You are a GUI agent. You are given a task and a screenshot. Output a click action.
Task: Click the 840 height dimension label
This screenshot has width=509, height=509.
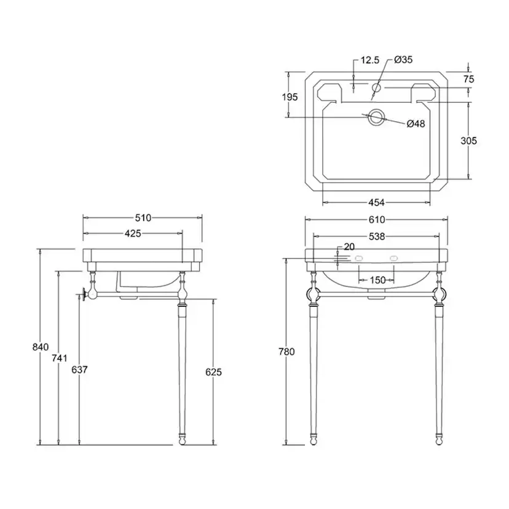click(x=41, y=347)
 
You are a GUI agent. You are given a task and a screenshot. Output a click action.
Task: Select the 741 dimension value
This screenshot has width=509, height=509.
click(x=60, y=358)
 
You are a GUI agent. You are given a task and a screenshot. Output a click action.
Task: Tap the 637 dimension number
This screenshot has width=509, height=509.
click(x=79, y=369)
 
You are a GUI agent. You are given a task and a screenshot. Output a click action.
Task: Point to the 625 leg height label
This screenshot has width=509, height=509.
click(x=213, y=372)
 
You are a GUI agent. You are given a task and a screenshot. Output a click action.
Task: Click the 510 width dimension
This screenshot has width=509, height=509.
click(x=143, y=218)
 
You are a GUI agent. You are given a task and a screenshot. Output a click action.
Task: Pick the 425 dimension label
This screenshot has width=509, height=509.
click(x=133, y=234)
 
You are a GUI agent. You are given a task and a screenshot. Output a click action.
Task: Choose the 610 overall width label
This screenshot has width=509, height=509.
click(x=377, y=219)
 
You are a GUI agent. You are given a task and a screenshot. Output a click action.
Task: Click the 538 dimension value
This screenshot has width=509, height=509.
click(x=377, y=237)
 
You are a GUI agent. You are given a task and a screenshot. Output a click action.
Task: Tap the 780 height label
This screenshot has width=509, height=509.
click(x=286, y=352)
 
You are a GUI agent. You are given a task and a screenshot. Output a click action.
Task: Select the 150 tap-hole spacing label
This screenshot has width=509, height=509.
click(x=377, y=280)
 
